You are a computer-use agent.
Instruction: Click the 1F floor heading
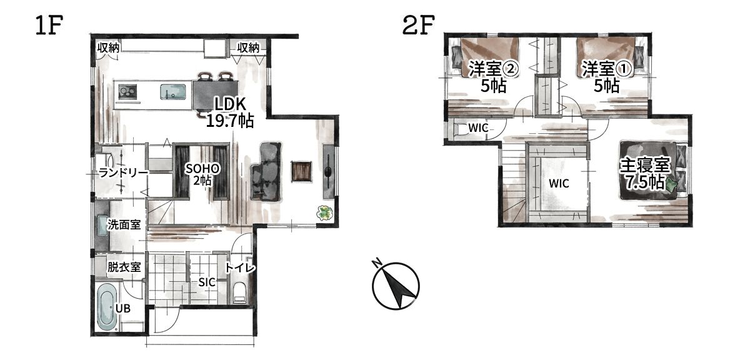point(49,25)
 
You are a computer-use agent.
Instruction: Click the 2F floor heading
point(418,25)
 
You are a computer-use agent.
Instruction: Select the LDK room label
point(230,112)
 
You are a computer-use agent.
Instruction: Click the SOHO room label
point(202,174)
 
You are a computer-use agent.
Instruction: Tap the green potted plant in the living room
point(324,213)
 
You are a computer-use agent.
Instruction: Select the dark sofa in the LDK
point(266,172)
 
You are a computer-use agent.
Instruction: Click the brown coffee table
point(301,171)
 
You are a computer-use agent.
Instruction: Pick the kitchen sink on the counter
point(172,92)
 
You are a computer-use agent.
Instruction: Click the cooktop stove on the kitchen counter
point(128,92)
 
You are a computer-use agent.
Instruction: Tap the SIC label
point(207,282)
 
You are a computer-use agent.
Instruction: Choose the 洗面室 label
point(124,224)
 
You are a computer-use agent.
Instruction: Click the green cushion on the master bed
point(672,184)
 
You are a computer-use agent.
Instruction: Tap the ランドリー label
point(123,173)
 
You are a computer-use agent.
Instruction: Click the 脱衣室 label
point(124,267)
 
